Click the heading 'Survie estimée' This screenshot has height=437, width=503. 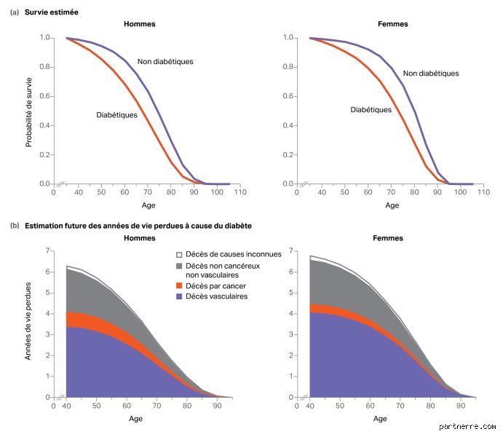52,12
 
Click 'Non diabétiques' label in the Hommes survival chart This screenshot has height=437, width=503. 165,62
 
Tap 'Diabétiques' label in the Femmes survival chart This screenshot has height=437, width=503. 371,110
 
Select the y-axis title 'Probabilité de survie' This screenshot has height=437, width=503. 29,112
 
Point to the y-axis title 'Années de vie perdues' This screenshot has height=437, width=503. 28,321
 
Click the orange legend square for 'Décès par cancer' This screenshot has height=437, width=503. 179,286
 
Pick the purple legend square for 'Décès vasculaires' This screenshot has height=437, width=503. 179,296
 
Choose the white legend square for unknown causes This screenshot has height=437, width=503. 179,255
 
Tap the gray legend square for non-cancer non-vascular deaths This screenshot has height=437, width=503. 179,266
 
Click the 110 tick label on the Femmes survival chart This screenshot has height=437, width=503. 483,192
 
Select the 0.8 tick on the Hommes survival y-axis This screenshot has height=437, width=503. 44,67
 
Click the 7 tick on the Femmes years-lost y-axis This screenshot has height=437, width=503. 291,251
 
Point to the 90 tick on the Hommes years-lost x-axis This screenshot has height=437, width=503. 217,406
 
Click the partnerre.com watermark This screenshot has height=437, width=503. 467,426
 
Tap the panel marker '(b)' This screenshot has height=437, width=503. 15,226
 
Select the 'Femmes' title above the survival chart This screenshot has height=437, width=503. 392,24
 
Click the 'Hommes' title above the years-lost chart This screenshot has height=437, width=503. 140,238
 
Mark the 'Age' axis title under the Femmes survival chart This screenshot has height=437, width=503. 392,205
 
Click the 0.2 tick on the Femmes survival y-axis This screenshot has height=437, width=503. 288,155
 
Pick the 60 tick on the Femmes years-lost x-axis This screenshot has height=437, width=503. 370,406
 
